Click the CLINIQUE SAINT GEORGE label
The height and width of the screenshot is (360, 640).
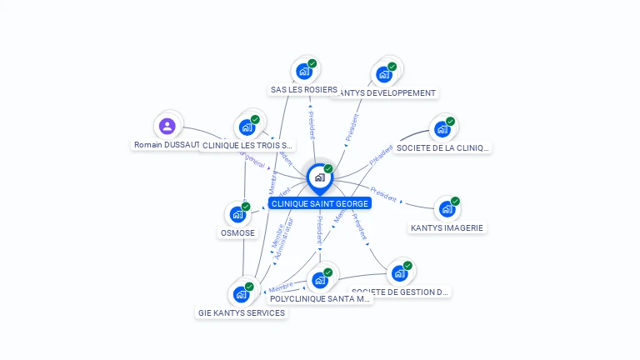click(x=319, y=203)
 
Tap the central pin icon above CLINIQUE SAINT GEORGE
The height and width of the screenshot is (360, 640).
click(x=319, y=177)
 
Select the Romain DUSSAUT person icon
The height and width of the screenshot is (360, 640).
click(x=167, y=126)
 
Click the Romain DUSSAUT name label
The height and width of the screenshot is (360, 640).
click(x=167, y=145)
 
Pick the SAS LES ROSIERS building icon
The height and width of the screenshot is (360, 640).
click(x=304, y=72)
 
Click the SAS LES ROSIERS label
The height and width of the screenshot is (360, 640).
click(x=304, y=90)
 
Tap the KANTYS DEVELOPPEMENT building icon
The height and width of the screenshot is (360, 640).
click(x=384, y=74)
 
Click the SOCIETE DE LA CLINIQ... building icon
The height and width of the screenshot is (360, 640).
click(x=442, y=129)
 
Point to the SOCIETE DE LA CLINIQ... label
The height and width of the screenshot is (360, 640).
click(x=442, y=148)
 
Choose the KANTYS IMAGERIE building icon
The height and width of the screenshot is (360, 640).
click(x=447, y=209)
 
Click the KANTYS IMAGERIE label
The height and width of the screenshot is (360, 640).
click(x=447, y=227)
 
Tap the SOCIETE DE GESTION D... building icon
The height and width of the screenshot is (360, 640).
click(x=400, y=273)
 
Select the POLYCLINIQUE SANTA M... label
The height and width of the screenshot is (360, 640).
click(x=320, y=298)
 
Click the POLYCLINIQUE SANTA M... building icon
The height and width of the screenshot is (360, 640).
click(x=320, y=280)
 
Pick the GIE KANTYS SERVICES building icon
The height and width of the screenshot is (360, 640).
click(x=242, y=294)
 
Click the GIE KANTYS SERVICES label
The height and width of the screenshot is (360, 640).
click(x=242, y=313)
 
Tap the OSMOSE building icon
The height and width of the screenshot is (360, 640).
click(x=237, y=214)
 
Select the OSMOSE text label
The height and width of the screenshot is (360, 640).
click(x=237, y=233)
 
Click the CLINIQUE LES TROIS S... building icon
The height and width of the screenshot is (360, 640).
click(x=247, y=127)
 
